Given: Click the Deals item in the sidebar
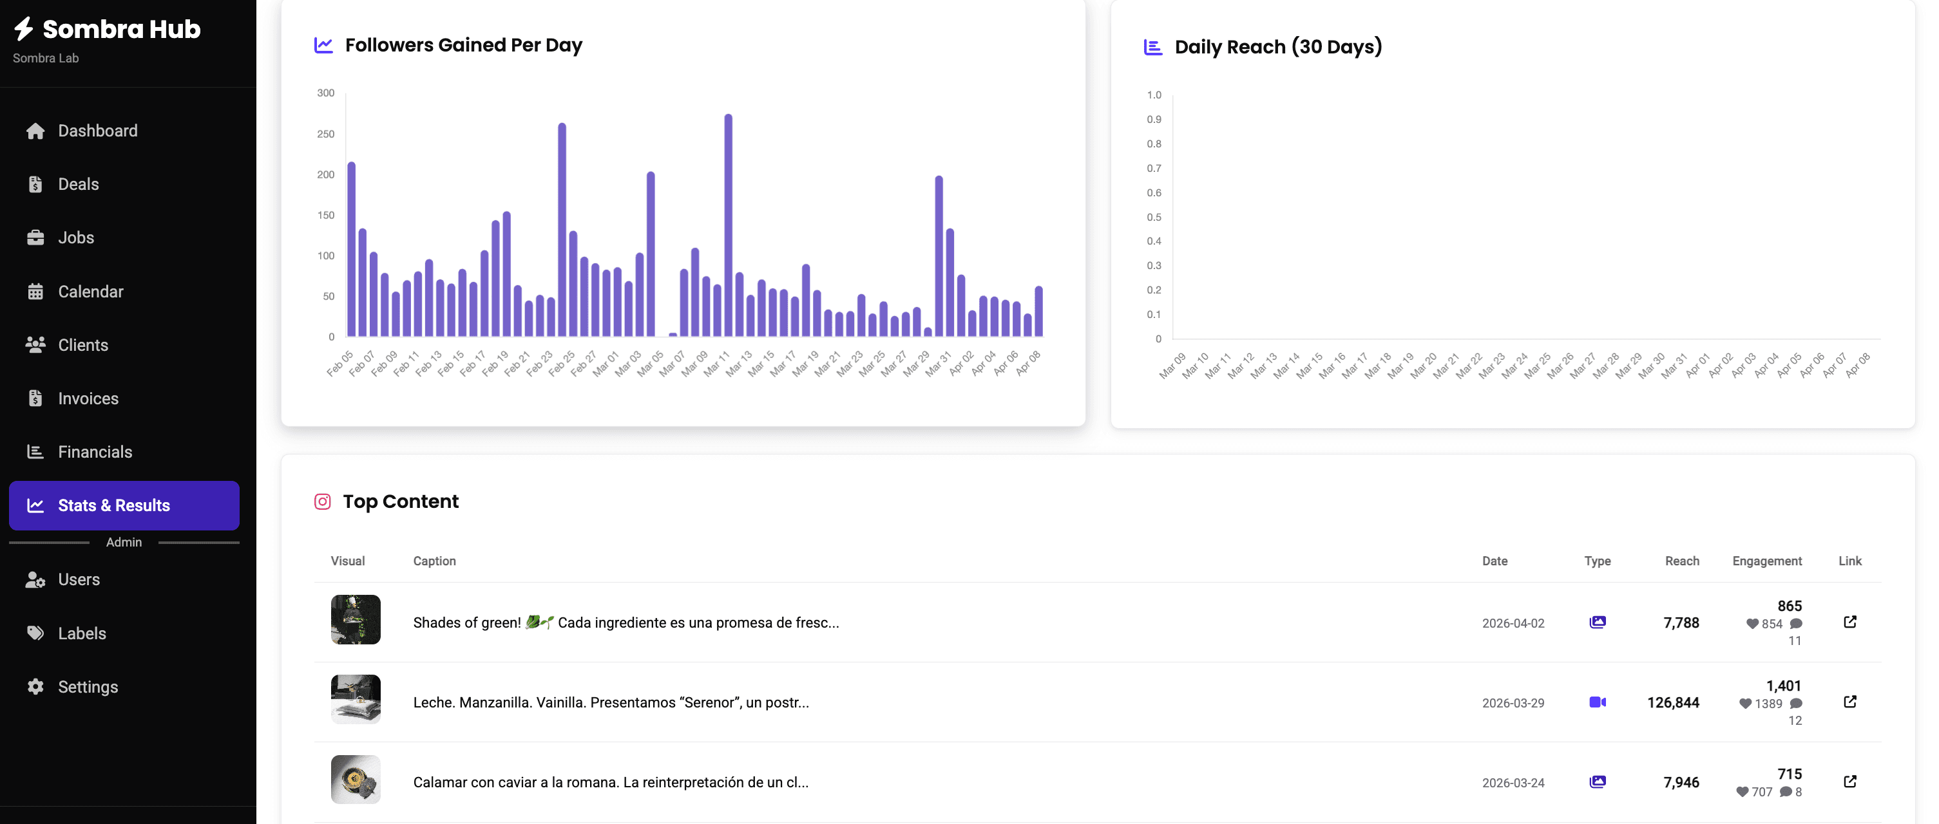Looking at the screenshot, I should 79,184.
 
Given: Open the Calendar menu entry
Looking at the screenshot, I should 90,292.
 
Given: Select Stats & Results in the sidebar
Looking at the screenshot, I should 113,506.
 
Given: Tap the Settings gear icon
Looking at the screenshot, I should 35,687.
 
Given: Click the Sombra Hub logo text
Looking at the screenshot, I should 121,30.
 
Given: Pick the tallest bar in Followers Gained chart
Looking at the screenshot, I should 728,226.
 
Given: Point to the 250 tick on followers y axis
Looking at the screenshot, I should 326,134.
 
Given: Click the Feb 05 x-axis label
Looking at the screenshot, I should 340,364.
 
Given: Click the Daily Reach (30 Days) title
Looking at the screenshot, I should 1277,46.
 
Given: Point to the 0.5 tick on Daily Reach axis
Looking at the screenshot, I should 1154,218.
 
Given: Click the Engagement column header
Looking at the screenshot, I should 1766,561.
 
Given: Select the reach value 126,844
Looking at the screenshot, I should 1672,703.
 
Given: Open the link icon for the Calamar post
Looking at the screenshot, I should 1849,782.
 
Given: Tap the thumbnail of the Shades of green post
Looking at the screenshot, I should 356,619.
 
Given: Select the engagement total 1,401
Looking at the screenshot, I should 1782,686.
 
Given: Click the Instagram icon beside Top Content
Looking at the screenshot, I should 322,502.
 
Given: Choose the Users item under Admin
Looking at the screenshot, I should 79,580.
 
